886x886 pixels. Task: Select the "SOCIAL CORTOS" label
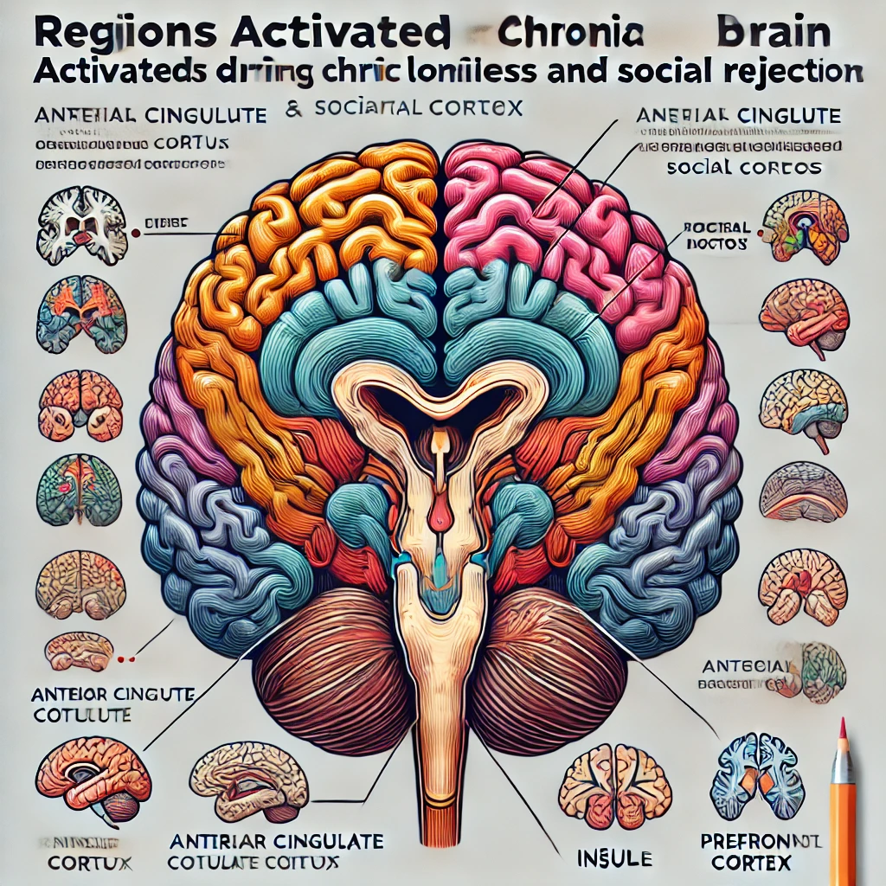click(x=744, y=167)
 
